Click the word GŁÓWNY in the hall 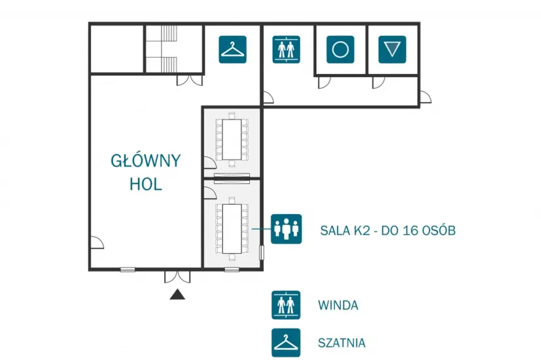146,161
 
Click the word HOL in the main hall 146,184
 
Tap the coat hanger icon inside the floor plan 232,49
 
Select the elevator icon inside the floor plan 286,49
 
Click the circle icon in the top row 340,49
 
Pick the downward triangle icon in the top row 392,49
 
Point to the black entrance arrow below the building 177,294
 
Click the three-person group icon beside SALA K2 286,229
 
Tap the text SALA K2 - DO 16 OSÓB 388,230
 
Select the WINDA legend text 338,305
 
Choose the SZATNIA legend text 341,343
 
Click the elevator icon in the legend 286,305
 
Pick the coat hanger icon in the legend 286,342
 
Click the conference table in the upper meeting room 232,139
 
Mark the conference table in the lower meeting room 232,228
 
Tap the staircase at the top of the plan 169,48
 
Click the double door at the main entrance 177,276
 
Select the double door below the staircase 190,80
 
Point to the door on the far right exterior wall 425,97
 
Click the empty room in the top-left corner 117,48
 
